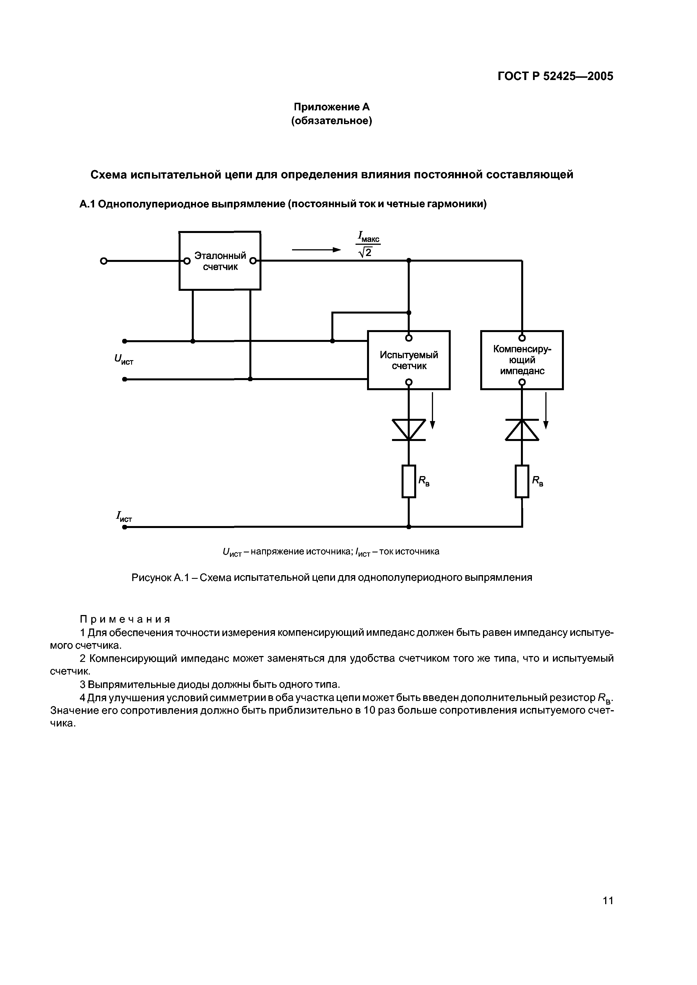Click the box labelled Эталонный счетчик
[x=220, y=261]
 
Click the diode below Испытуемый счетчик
[x=409, y=430]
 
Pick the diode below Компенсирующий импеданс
[x=522, y=430]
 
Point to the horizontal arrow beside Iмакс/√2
[x=316, y=250]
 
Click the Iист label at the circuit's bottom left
[x=124, y=517]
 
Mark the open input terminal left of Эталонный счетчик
[x=103, y=261]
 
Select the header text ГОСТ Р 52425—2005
[x=555, y=76]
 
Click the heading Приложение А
[x=331, y=106]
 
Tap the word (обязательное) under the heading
[x=331, y=121]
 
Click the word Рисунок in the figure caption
[x=151, y=577]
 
